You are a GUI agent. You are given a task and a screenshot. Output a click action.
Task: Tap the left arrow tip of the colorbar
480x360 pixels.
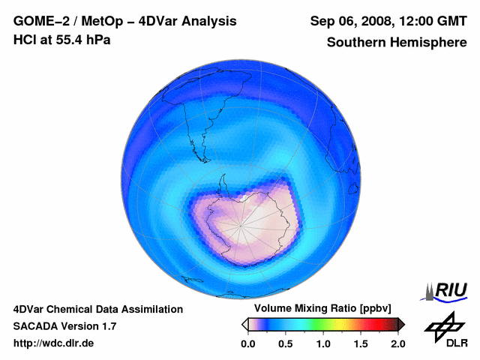point(244,324)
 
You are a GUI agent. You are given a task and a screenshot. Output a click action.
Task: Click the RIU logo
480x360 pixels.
point(448,289)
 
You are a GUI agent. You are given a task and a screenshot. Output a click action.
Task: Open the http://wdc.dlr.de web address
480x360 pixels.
point(53,343)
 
